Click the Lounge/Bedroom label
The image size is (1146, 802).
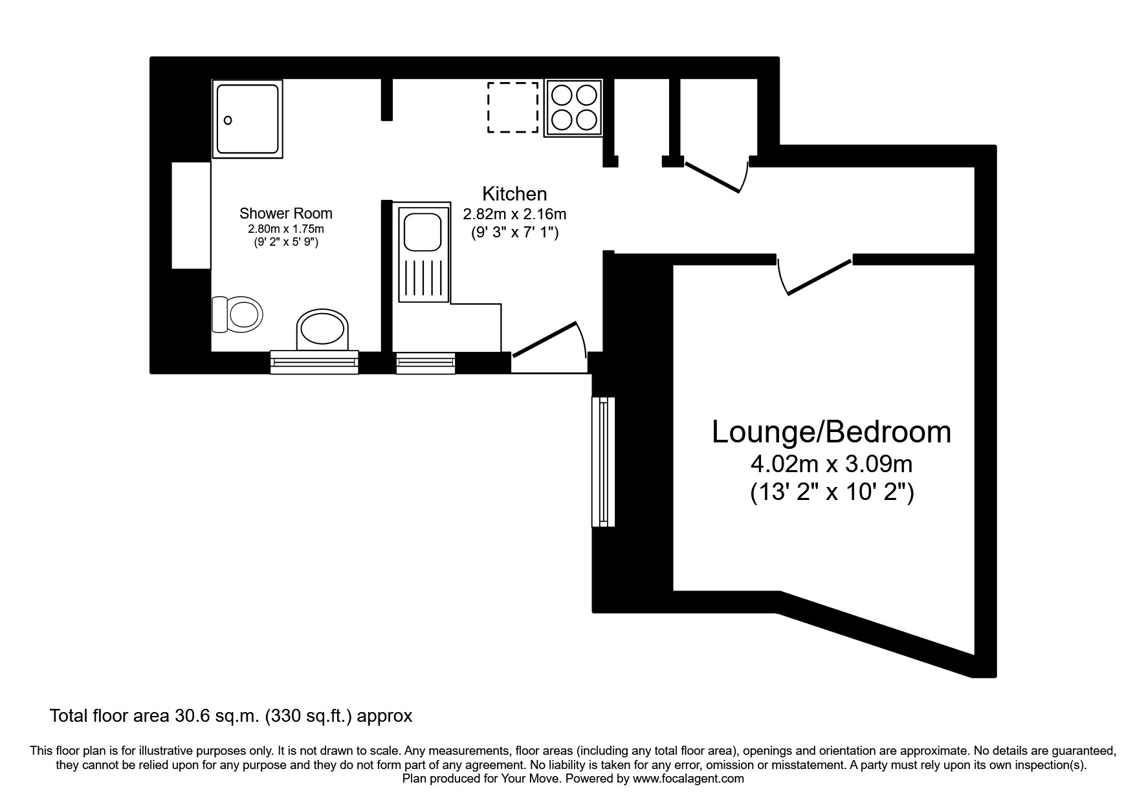pyautogui.click(x=832, y=432)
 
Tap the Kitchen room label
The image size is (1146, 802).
pyautogui.click(x=514, y=193)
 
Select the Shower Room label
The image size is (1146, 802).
pyautogui.click(x=285, y=213)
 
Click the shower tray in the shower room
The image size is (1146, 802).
pyautogui.click(x=248, y=119)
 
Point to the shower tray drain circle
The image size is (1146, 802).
pyautogui.click(x=228, y=120)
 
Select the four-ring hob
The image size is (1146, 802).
pyautogui.click(x=574, y=108)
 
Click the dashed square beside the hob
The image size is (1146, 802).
pyautogui.click(x=512, y=107)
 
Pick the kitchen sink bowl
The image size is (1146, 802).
pyautogui.click(x=423, y=231)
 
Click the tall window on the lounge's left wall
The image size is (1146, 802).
pyautogui.click(x=603, y=462)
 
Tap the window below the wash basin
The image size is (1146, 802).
pyautogui.click(x=314, y=363)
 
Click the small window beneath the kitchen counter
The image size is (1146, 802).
pyautogui.click(x=425, y=363)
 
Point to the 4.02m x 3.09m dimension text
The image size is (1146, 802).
pyautogui.click(x=832, y=464)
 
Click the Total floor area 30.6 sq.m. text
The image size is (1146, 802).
pyautogui.click(x=231, y=716)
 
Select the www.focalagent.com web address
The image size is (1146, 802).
pyautogui.click(x=688, y=779)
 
